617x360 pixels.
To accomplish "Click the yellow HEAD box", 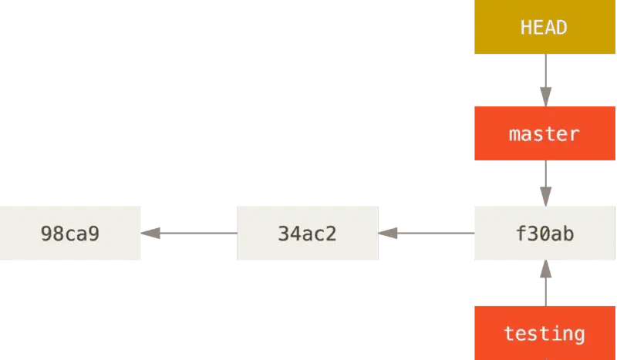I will click(545, 28).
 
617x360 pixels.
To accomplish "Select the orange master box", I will click(545, 133).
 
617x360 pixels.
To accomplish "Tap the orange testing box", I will click(545, 332).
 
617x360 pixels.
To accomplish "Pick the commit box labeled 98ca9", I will click(70, 234).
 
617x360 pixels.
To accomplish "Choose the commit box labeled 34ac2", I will click(308, 234).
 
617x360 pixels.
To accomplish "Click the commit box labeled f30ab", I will click(545, 234).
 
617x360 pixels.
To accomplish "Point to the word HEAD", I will click(545, 28).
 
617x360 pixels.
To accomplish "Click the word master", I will click(545, 134).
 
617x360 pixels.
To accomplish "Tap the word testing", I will click(545, 334).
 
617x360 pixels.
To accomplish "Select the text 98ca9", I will click(70, 234).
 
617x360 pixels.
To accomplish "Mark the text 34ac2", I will click(308, 234).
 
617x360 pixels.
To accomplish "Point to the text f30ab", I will click(545, 234).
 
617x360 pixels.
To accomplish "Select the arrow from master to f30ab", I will click(545, 183).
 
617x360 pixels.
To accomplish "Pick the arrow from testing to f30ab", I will click(545, 284).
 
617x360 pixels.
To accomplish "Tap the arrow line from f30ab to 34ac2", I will click(428, 231).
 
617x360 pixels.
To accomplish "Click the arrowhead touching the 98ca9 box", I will click(151, 231).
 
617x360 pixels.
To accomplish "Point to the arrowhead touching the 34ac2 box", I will click(389, 231).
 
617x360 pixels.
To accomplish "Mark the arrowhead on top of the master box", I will click(545, 95).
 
